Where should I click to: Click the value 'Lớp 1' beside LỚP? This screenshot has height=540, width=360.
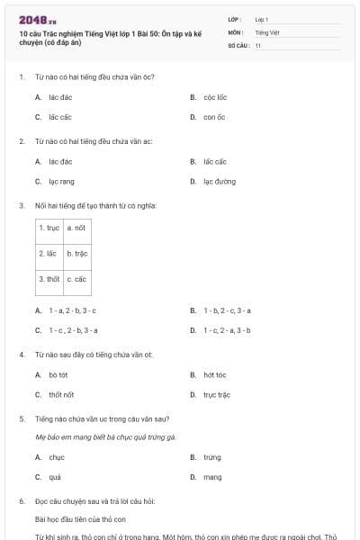pyautogui.click(x=262, y=19)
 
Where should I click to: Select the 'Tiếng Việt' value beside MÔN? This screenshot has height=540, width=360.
pyautogui.click(x=267, y=31)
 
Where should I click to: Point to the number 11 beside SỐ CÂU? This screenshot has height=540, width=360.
pyautogui.click(x=258, y=44)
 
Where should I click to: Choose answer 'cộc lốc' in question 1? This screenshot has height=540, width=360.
pyautogui.click(x=215, y=96)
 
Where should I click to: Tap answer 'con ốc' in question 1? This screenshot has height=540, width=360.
pyautogui.click(x=213, y=117)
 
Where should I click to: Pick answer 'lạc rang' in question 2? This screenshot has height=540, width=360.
pyautogui.click(x=62, y=182)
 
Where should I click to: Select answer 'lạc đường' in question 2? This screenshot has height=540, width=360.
pyautogui.click(x=219, y=182)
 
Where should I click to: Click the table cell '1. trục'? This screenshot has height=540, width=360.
pyautogui.click(x=49, y=229)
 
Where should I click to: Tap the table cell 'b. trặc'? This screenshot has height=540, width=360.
pyautogui.click(x=77, y=254)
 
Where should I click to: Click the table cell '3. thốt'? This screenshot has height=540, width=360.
pyautogui.click(x=49, y=279)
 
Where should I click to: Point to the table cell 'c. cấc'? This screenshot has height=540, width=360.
pyautogui.click(x=77, y=279)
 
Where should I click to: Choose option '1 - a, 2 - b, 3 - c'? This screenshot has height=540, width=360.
pyautogui.click(x=73, y=310)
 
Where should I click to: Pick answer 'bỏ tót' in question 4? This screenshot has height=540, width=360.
pyautogui.click(x=59, y=374)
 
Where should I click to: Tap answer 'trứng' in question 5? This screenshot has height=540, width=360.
pyautogui.click(x=212, y=457)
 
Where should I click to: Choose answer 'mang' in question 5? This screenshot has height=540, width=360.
pyautogui.click(x=212, y=477)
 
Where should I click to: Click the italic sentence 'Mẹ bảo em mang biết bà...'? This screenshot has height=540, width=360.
pyautogui.click(x=105, y=436)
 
